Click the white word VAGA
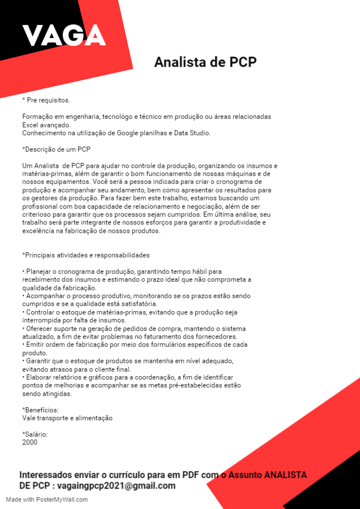tap(64, 36)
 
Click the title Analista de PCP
tap(205, 62)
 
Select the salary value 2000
tap(30, 442)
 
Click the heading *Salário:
tap(35, 434)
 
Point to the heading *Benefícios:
tap(40, 410)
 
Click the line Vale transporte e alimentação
tap(67, 418)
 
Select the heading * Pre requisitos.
tap(46, 100)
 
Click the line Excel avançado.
tap(46, 124)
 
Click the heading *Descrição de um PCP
tap(56, 149)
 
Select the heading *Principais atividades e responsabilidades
tap(85, 255)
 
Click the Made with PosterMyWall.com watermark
tap(47, 499)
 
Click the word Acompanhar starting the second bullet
tap(45, 296)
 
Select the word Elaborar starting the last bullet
tap(40, 377)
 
